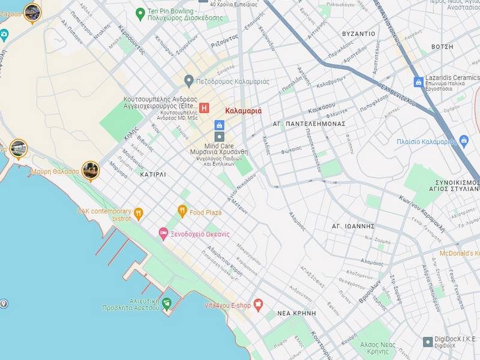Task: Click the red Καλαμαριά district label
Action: tap(244, 111)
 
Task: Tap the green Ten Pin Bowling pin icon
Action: tap(140, 12)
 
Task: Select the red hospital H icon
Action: tap(204, 108)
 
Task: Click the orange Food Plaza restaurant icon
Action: tap(182, 211)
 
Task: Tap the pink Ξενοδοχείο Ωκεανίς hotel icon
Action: tap(163, 233)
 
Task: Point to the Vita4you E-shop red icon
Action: tap(259, 305)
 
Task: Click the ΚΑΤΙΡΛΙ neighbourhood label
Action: tap(152, 175)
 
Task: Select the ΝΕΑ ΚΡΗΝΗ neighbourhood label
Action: tap(296, 313)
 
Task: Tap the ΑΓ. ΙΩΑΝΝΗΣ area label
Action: tap(353, 226)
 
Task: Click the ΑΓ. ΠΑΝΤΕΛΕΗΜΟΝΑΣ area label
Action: tap(309, 124)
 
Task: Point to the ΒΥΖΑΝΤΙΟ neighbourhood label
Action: tap(358, 34)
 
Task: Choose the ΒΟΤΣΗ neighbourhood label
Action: tap(443, 46)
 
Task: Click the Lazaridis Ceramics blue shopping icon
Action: tap(418, 82)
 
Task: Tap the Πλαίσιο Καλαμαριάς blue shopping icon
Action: tap(463, 141)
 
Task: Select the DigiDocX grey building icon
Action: tap(428, 341)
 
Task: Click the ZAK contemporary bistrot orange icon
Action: tap(139, 213)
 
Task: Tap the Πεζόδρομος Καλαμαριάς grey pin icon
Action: tap(188, 80)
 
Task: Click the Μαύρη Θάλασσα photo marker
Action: tap(90, 170)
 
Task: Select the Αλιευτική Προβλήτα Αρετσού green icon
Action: tap(167, 303)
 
